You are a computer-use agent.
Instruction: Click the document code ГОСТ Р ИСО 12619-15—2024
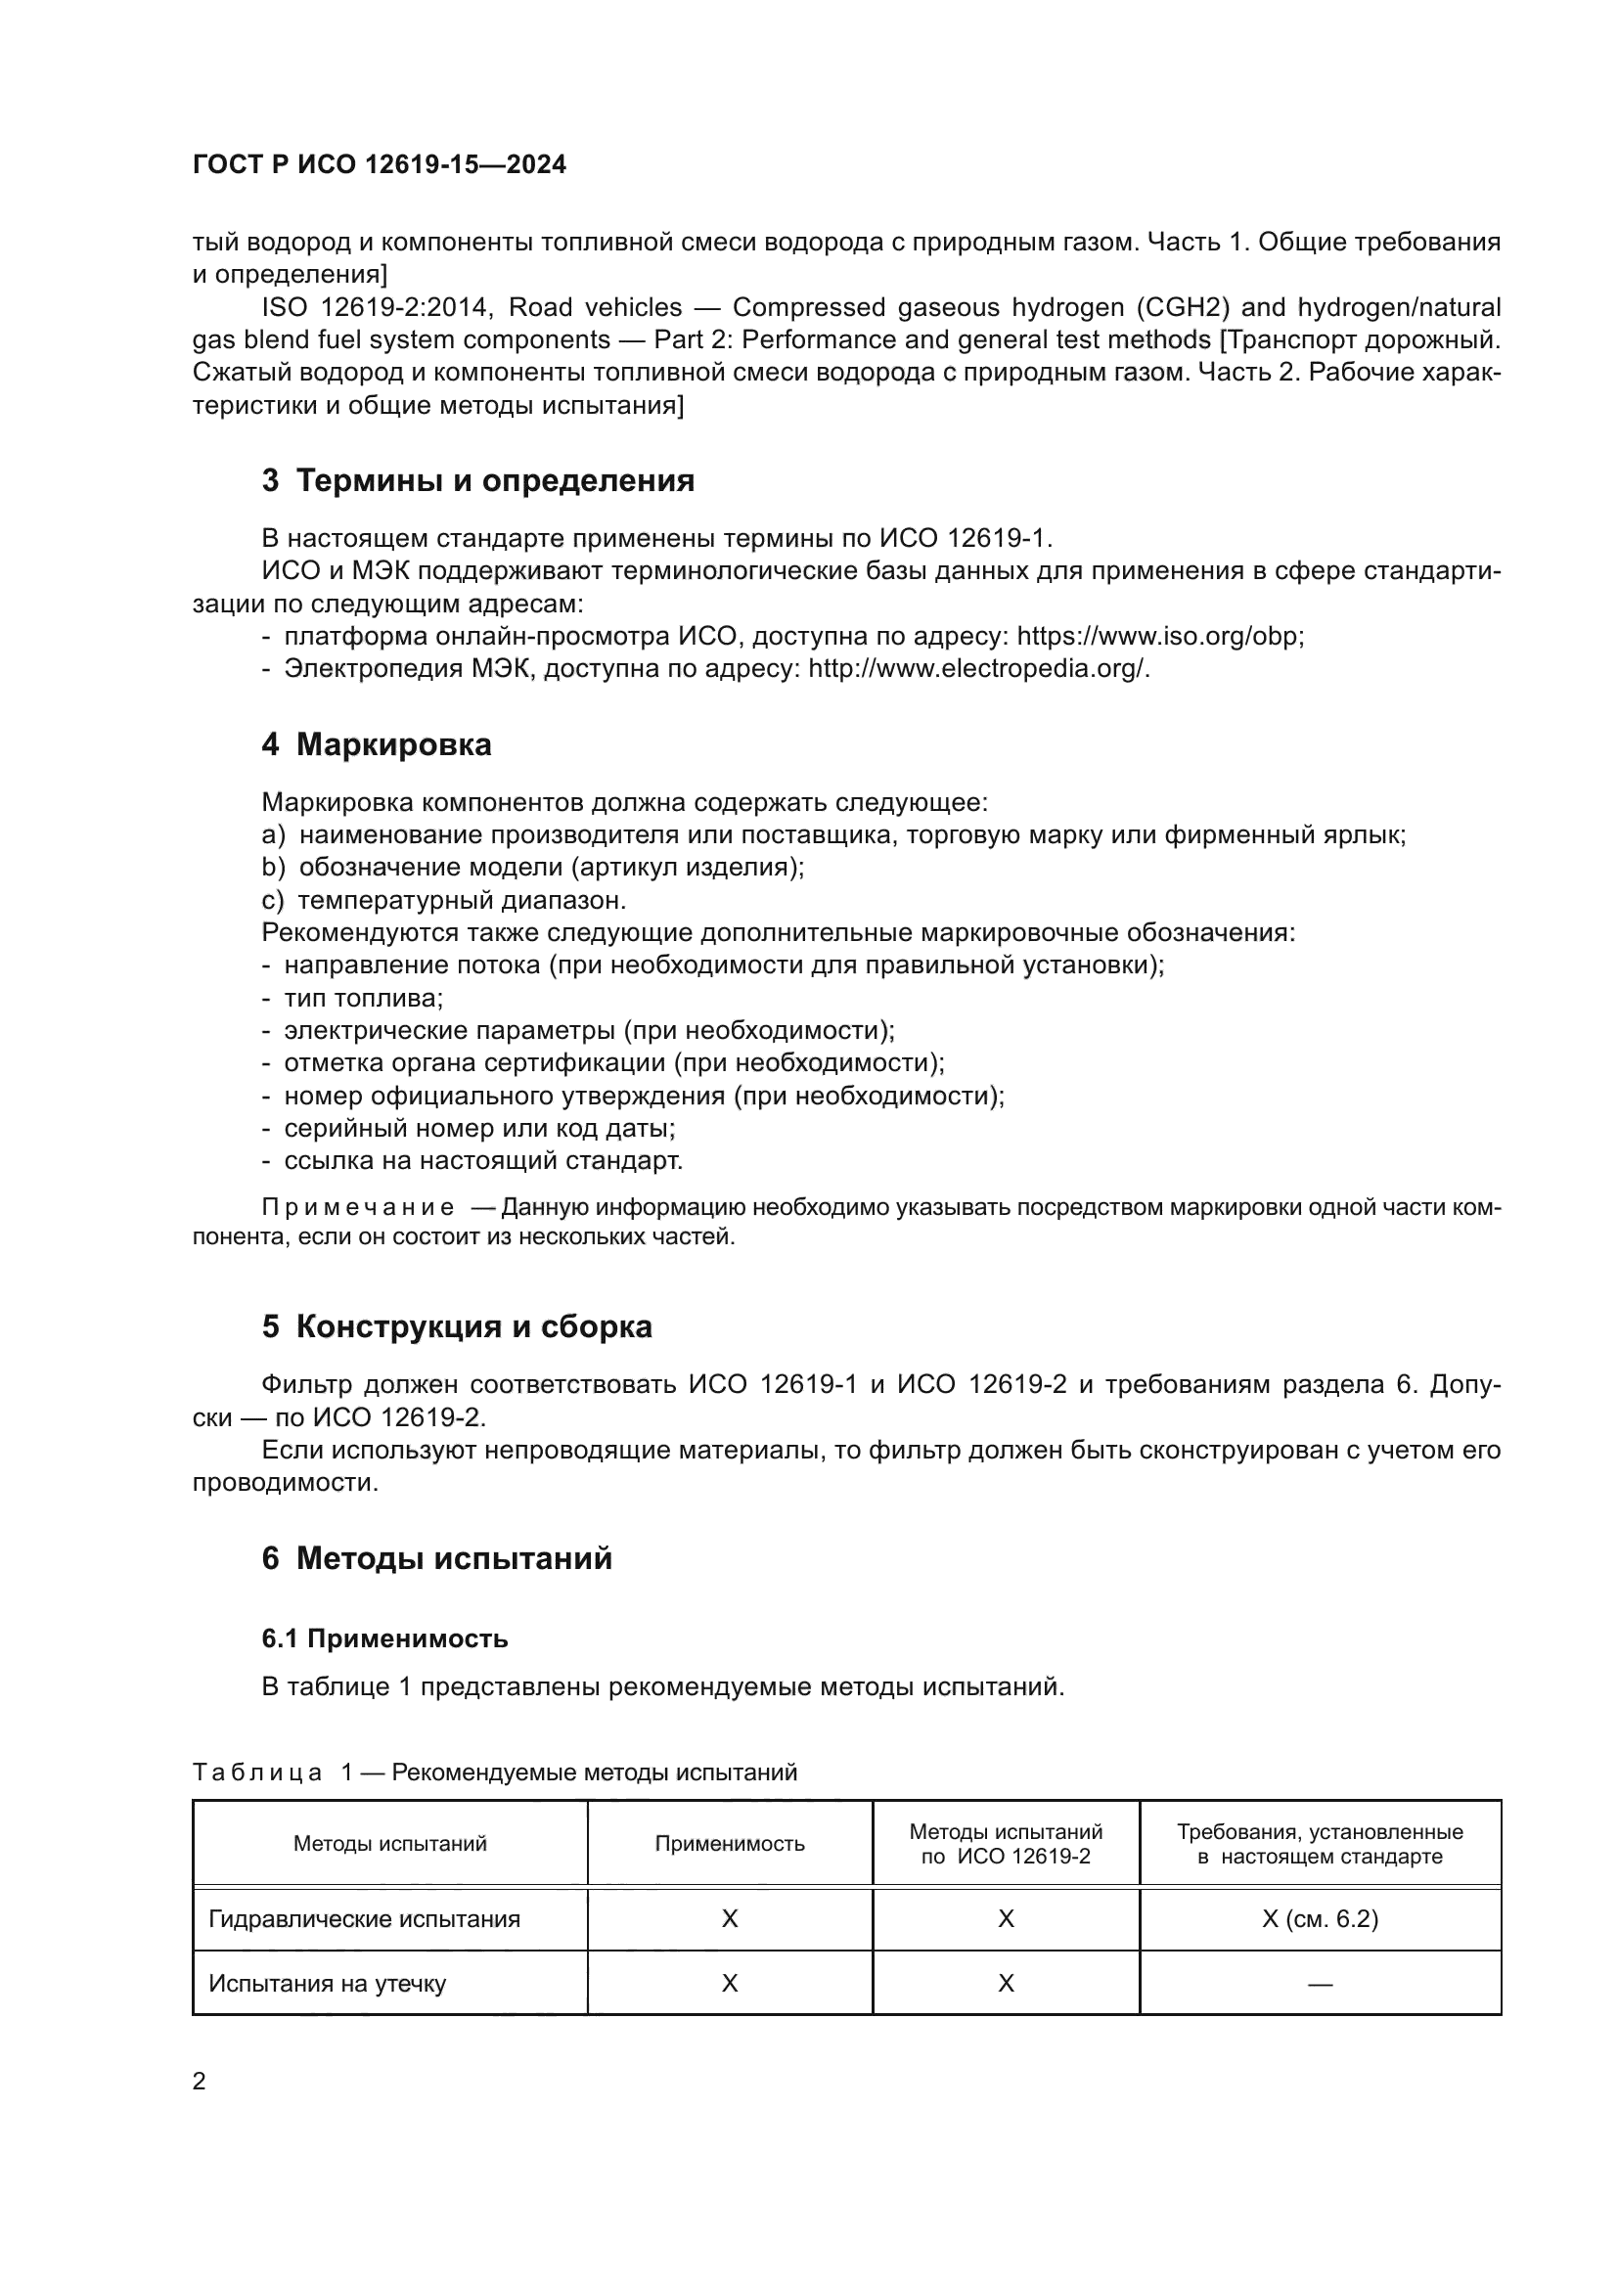(x=379, y=164)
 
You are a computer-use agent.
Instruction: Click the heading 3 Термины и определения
(x=478, y=480)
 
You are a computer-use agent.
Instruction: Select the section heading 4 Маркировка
(x=377, y=744)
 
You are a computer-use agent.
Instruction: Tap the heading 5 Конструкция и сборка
(x=456, y=1326)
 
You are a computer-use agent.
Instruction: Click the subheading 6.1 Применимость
(x=384, y=1639)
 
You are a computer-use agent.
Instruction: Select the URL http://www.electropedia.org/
(x=978, y=669)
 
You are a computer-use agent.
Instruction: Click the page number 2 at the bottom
(x=200, y=2082)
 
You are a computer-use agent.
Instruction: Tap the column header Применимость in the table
(x=730, y=1844)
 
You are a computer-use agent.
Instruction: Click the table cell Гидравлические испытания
(x=364, y=1919)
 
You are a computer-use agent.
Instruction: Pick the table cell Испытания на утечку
(x=327, y=1983)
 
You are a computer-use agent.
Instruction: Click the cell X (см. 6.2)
(x=1320, y=1919)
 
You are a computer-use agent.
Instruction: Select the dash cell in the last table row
(x=1320, y=1984)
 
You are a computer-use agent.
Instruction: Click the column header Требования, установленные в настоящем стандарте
(x=1320, y=1844)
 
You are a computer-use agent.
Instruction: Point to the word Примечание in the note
(x=358, y=1208)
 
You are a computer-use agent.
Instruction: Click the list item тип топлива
(x=363, y=998)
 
